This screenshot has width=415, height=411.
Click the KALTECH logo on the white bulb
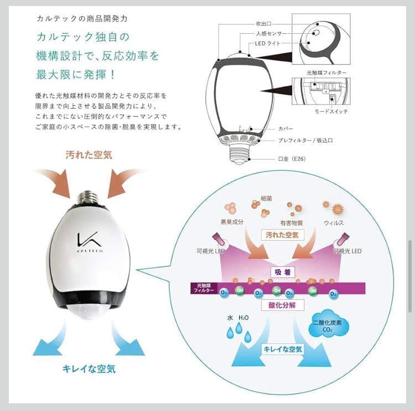pyautogui.click(x=85, y=240)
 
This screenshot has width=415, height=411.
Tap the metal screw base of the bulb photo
pyautogui.click(x=87, y=197)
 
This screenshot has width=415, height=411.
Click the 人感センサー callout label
pyautogui.click(x=269, y=34)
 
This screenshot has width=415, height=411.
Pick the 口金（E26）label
pyautogui.click(x=292, y=159)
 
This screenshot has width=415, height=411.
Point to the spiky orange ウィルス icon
pyautogui.click(x=337, y=210)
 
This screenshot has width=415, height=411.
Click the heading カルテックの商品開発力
pyautogui.click(x=81, y=18)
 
